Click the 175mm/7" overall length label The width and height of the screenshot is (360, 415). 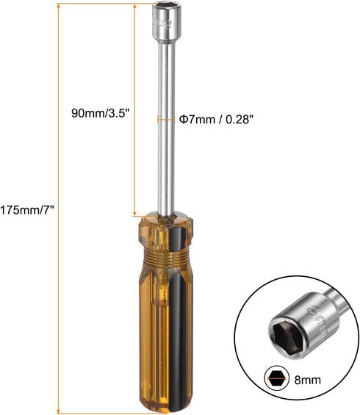[27, 209]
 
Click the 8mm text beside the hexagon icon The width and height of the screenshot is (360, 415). [306, 378]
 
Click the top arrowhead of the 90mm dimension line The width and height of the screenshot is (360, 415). [134, 4]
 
